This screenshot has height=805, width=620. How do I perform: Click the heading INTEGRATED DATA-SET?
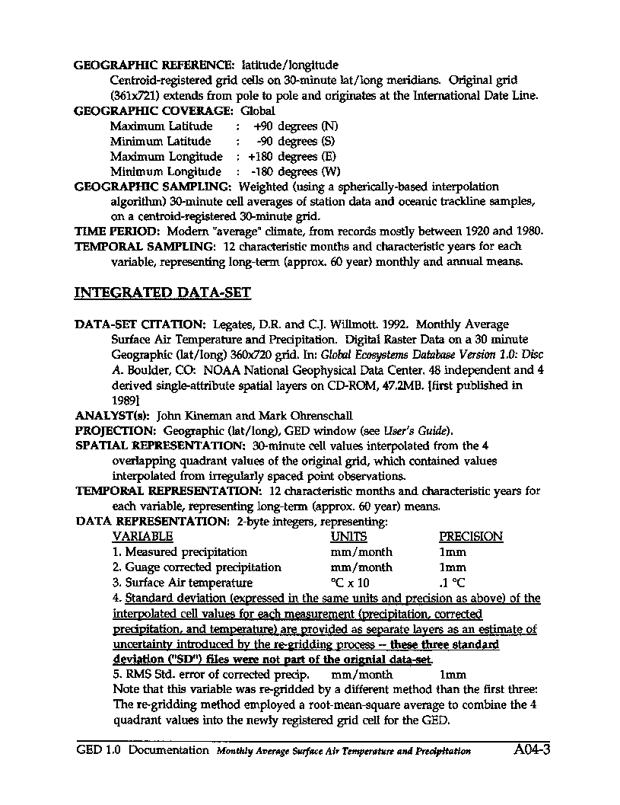point(162,292)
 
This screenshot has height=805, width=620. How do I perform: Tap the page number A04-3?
point(531,749)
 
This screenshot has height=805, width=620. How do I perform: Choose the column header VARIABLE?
point(142,536)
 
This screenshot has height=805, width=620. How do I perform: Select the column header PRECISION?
point(471,536)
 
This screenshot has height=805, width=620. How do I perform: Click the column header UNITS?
point(348,536)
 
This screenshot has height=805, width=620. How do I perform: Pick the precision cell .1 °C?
point(453,583)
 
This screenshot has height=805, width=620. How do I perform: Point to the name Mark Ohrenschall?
point(290,416)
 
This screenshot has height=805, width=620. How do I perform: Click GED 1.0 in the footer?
point(99,750)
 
